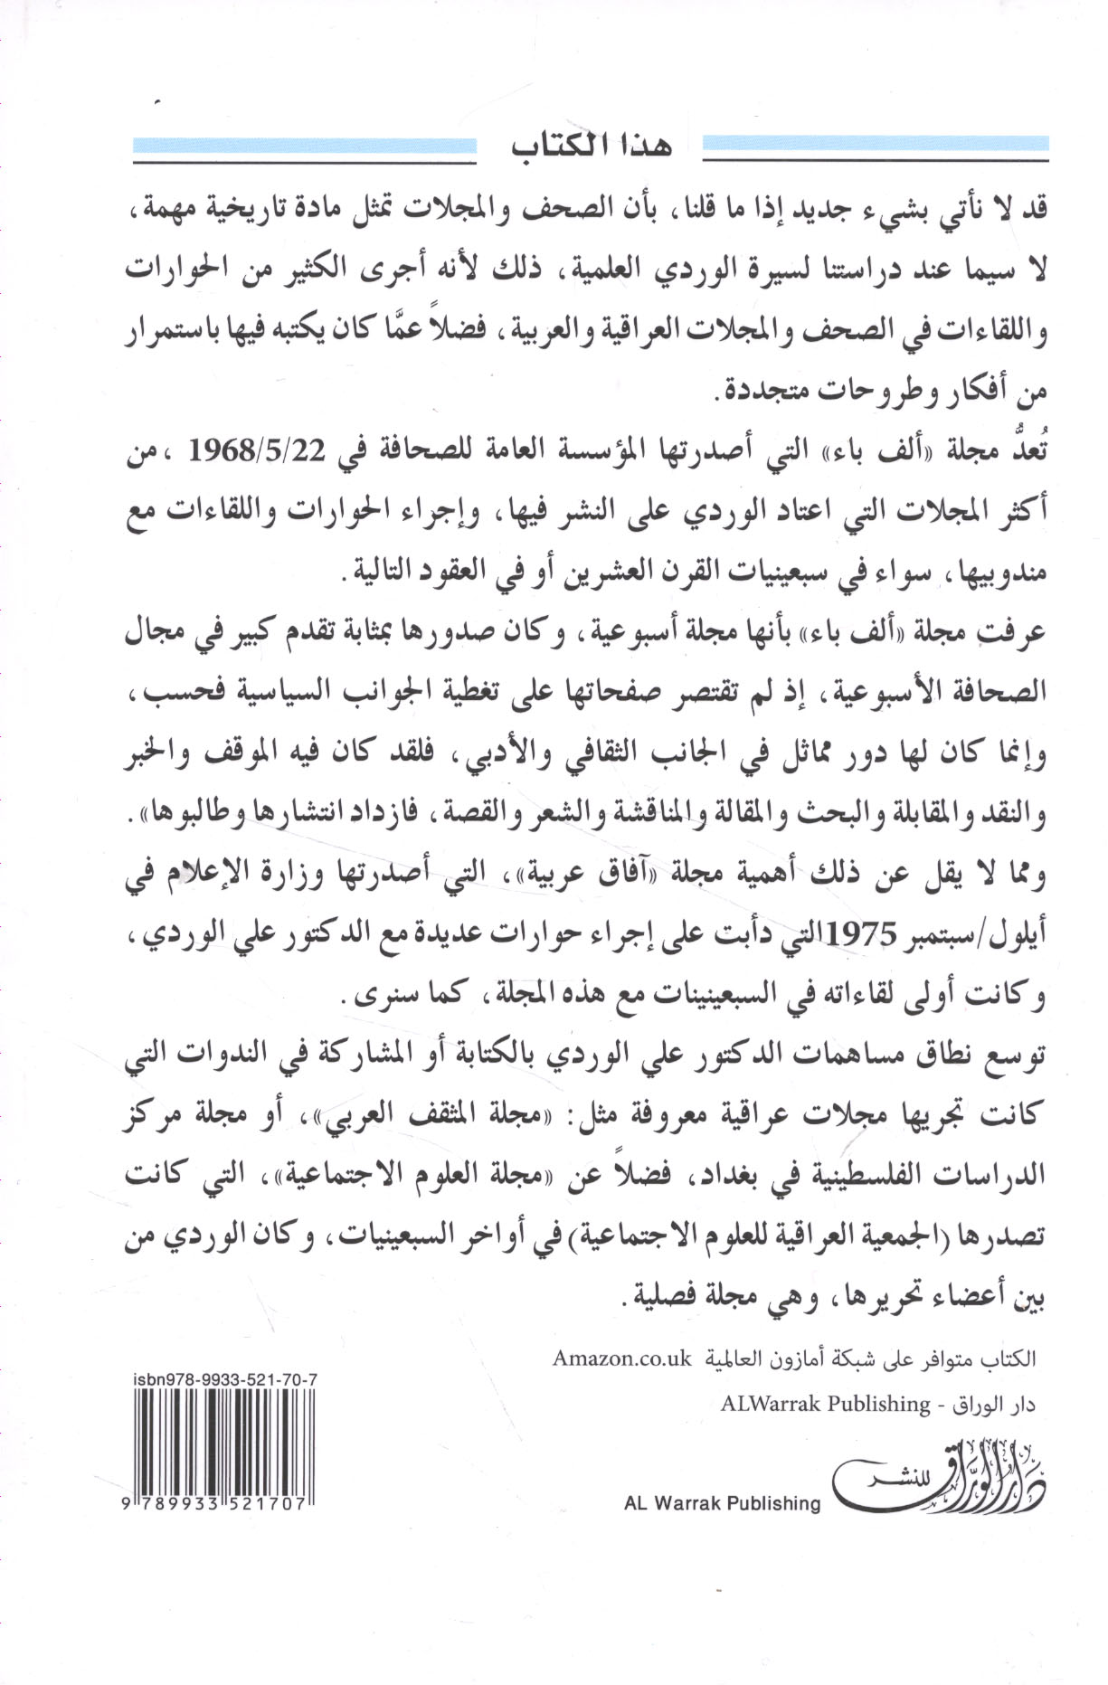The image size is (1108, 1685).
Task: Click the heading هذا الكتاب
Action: [590, 147]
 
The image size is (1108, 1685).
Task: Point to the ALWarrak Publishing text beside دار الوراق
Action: [825, 1404]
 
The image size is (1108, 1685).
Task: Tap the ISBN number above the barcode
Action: [224, 1377]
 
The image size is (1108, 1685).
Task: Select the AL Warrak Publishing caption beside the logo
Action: [722, 1503]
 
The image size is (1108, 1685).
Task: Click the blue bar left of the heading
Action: [305, 146]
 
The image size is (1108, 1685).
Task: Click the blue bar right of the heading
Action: [876, 146]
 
